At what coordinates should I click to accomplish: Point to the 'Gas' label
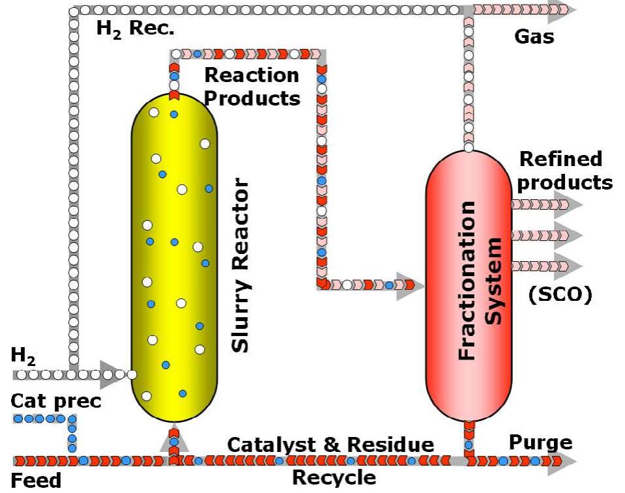(x=534, y=36)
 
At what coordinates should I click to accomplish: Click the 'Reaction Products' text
(x=252, y=86)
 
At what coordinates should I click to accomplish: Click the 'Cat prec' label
(x=56, y=401)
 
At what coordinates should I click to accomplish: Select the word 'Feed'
(x=36, y=481)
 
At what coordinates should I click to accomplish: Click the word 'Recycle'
(x=334, y=477)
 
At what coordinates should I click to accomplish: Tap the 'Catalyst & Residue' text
(x=330, y=445)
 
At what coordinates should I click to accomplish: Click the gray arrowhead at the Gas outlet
(x=561, y=9)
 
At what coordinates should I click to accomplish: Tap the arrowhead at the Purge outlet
(x=567, y=461)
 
